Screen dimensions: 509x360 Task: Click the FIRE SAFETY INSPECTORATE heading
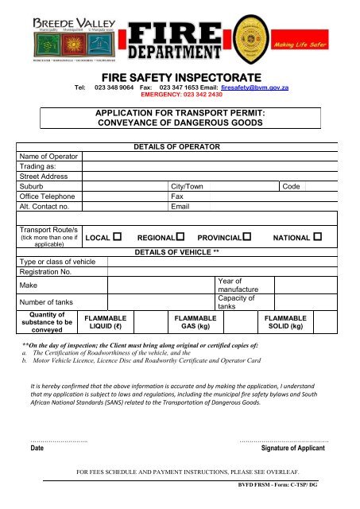pyautogui.click(x=180, y=75)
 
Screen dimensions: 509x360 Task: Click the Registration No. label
pyautogui.click(x=45, y=271)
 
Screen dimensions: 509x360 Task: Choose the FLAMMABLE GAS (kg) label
pyautogui.click(x=195, y=321)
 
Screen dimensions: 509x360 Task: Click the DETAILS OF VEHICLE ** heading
pyautogui.click(x=179, y=251)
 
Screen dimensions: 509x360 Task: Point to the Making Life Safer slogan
pyautogui.click(x=323, y=47)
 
